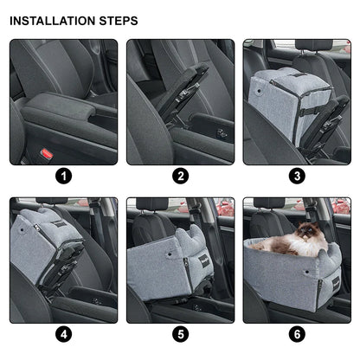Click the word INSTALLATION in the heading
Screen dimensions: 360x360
point(53,21)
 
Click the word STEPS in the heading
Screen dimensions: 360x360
point(119,21)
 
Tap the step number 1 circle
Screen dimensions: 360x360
point(64,176)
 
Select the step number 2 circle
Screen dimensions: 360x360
point(181,176)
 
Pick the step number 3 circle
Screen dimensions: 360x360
point(297,176)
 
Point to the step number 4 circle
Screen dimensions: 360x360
point(64,334)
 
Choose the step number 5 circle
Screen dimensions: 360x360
point(181,334)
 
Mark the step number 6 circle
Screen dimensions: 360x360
point(297,334)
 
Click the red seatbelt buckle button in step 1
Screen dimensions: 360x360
point(47,154)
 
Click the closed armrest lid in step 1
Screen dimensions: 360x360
point(59,108)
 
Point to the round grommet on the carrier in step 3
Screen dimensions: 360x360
point(259,91)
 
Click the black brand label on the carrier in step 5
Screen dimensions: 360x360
point(203,261)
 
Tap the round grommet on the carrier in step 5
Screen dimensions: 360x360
point(169,254)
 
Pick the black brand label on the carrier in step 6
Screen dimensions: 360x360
point(337,283)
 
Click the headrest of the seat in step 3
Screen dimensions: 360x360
point(314,45)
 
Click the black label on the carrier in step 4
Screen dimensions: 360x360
point(60,224)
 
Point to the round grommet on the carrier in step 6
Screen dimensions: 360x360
point(306,272)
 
